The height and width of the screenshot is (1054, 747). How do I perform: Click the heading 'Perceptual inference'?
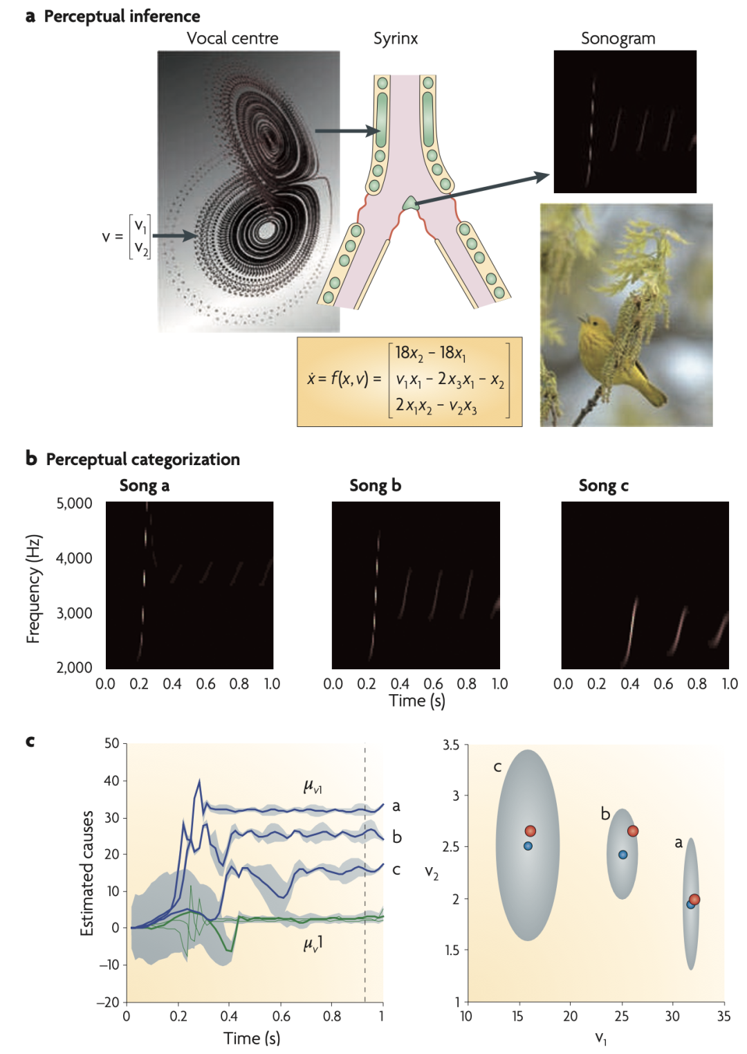pyautogui.click(x=122, y=16)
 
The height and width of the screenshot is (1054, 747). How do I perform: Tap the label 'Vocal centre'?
pyautogui.click(x=232, y=38)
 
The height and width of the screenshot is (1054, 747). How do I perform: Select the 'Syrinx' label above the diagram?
pyautogui.click(x=396, y=38)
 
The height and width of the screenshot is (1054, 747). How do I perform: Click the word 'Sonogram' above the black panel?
pyautogui.click(x=618, y=38)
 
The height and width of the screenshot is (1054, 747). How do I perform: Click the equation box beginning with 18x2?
pyautogui.click(x=409, y=381)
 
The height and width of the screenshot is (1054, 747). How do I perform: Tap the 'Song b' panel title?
pyautogui.click(x=375, y=485)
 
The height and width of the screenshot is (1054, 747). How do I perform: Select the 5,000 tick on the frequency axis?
pyautogui.click(x=74, y=503)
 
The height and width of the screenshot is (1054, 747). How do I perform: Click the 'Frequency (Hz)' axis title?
pyautogui.click(x=34, y=588)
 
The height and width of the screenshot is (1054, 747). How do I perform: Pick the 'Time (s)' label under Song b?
pyautogui.click(x=416, y=700)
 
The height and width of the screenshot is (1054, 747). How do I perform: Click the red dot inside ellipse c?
pyautogui.click(x=530, y=831)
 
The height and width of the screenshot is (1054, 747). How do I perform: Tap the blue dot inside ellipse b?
pyautogui.click(x=622, y=855)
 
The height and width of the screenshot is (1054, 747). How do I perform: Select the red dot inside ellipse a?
pyautogui.click(x=694, y=900)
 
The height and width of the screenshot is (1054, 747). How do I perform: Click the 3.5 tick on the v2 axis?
pyautogui.click(x=451, y=745)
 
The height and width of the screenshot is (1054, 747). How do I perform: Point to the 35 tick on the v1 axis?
pyautogui.click(x=723, y=1016)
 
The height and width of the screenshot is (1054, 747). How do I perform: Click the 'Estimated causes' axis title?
pyautogui.click(x=87, y=873)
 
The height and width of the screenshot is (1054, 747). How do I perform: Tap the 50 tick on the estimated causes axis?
pyautogui.click(x=112, y=744)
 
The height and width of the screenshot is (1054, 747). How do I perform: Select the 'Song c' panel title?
pyautogui.click(x=603, y=485)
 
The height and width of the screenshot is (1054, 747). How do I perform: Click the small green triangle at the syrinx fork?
pyautogui.click(x=411, y=203)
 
